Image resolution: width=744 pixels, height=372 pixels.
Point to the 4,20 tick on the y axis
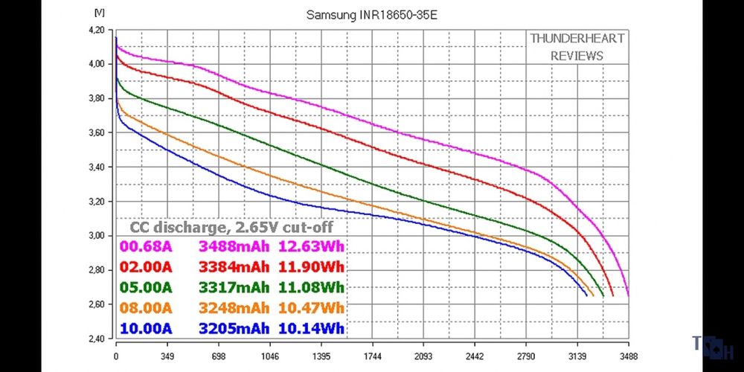point(98,30)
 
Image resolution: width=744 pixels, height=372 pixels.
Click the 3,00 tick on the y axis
point(98,236)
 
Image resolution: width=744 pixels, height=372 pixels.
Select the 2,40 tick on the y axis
point(98,339)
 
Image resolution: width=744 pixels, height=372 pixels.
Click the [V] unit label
point(100,13)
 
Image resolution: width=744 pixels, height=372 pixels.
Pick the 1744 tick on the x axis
point(372,356)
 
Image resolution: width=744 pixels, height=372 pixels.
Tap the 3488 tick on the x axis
point(628,356)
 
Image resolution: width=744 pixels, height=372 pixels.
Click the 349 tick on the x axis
point(167,356)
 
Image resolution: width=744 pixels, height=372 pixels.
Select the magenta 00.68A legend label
point(146,247)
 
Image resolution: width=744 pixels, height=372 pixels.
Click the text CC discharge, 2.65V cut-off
point(231,228)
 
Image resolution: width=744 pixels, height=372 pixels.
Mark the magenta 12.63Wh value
point(311,247)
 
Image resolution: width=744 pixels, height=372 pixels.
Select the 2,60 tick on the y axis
point(98,304)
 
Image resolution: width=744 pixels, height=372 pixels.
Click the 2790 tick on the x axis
point(526,356)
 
